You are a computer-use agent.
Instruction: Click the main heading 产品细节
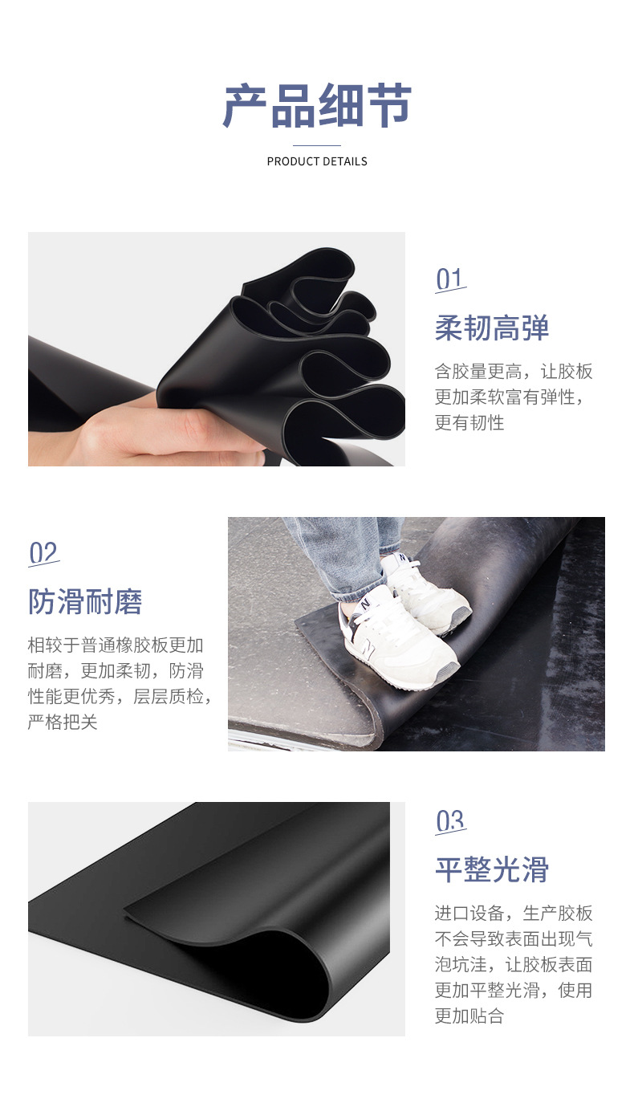tap(316, 105)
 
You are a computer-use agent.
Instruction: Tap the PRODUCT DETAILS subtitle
tap(316, 161)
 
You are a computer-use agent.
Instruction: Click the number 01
tap(449, 279)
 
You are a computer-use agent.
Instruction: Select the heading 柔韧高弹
tap(492, 328)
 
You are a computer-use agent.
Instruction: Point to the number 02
tap(43, 553)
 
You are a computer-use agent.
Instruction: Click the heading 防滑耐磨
tap(85, 601)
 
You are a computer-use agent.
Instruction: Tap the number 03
tap(450, 821)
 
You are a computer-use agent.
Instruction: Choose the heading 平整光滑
tap(492, 869)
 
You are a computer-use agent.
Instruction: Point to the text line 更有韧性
tap(469, 423)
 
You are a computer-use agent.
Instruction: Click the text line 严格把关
tap(63, 722)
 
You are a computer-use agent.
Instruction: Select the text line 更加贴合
tap(469, 1016)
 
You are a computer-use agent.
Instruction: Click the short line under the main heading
tap(316, 145)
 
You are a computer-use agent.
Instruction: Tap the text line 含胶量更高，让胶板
tap(514, 372)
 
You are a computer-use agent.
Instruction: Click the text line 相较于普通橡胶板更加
tap(116, 645)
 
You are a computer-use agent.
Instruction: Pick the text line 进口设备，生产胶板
tap(514, 913)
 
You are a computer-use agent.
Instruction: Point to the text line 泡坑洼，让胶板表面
tap(514, 965)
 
